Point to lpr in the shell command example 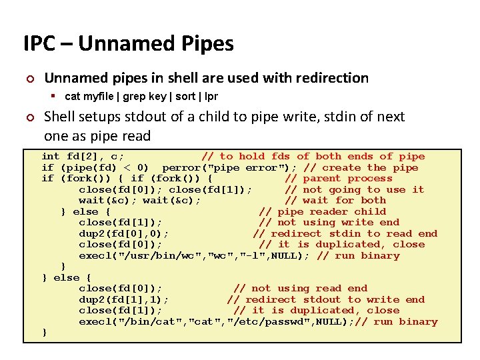[x=211, y=97]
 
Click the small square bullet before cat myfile [x=57, y=97]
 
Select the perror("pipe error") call [x=229, y=167]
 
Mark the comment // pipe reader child [x=322, y=212]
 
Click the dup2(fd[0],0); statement [x=123, y=234]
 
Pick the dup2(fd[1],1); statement [x=123, y=300]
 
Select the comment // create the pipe [x=361, y=167]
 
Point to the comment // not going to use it [x=355, y=190]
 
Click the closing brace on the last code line [x=45, y=333]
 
